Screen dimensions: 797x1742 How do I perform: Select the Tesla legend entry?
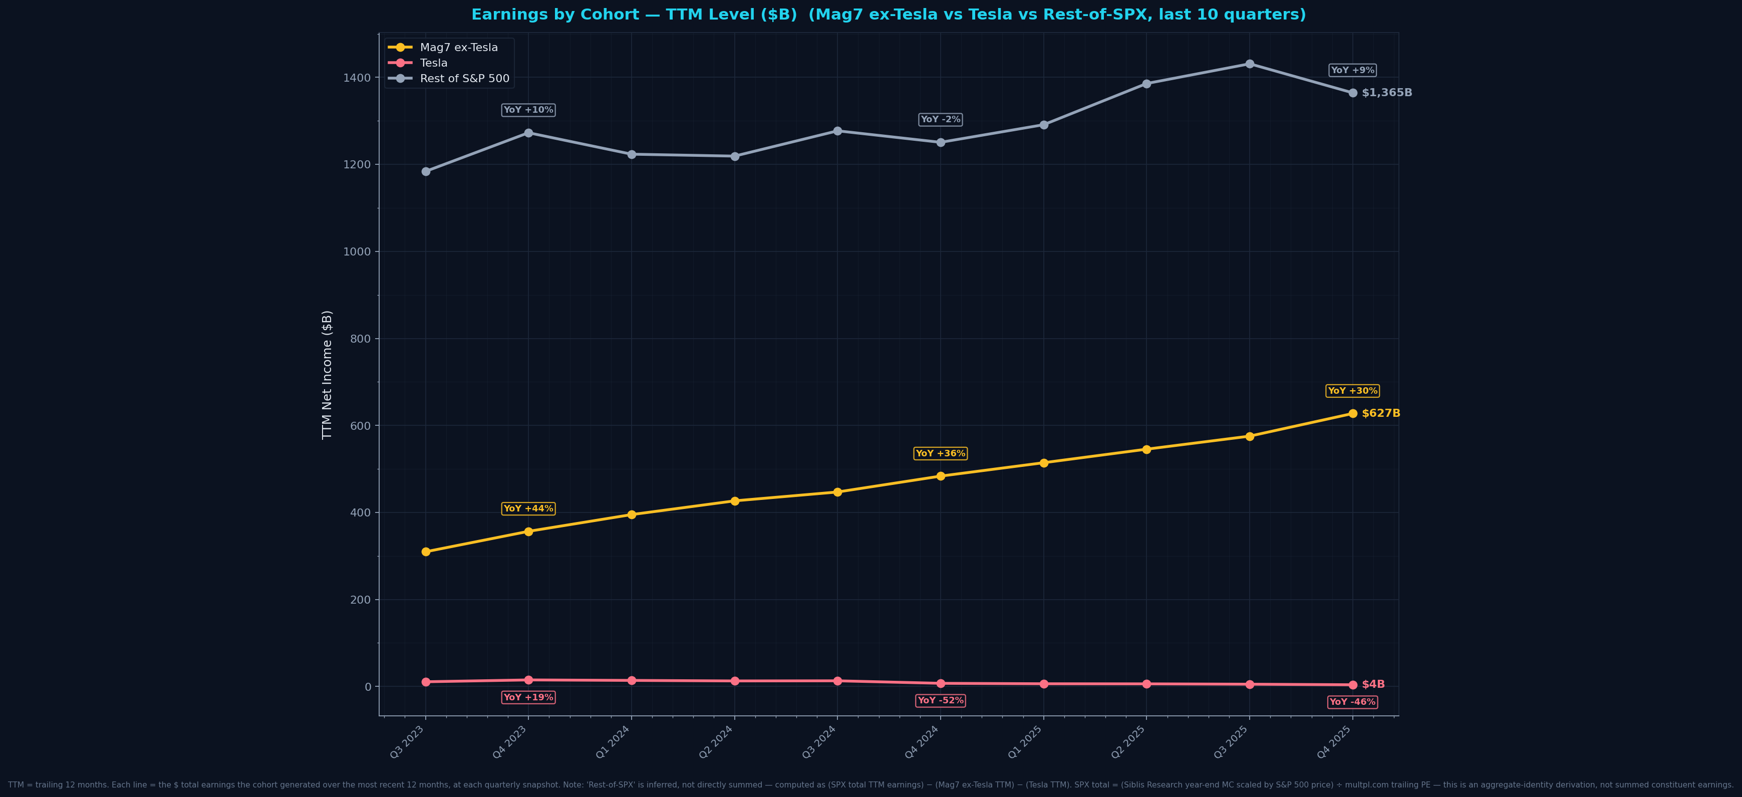(x=433, y=63)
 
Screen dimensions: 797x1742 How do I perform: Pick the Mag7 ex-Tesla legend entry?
(x=458, y=48)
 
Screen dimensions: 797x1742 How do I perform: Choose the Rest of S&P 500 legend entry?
(x=465, y=79)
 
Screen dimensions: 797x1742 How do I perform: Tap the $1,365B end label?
(x=1386, y=93)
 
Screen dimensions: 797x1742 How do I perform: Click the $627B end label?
(x=1380, y=413)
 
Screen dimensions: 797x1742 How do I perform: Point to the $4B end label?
(x=1373, y=685)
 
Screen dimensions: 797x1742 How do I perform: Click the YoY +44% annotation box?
(x=528, y=509)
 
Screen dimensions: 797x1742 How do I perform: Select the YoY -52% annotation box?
(x=940, y=701)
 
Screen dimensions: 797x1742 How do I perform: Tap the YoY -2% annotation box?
(x=940, y=120)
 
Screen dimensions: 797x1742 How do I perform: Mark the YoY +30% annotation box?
(x=1352, y=391)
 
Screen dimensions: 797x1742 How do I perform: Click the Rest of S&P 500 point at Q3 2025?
(x=1250, y=64)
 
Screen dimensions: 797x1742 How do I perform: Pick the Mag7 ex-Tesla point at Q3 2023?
(x=425, y=552)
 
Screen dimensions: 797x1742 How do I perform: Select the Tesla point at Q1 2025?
(x=1043, y=684)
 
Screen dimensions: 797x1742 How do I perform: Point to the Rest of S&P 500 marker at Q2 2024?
(x=734, y=156)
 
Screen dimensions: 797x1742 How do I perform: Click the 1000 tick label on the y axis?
(x=357, y=251)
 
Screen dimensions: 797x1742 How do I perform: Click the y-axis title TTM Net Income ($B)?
(x=327, y=375)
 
